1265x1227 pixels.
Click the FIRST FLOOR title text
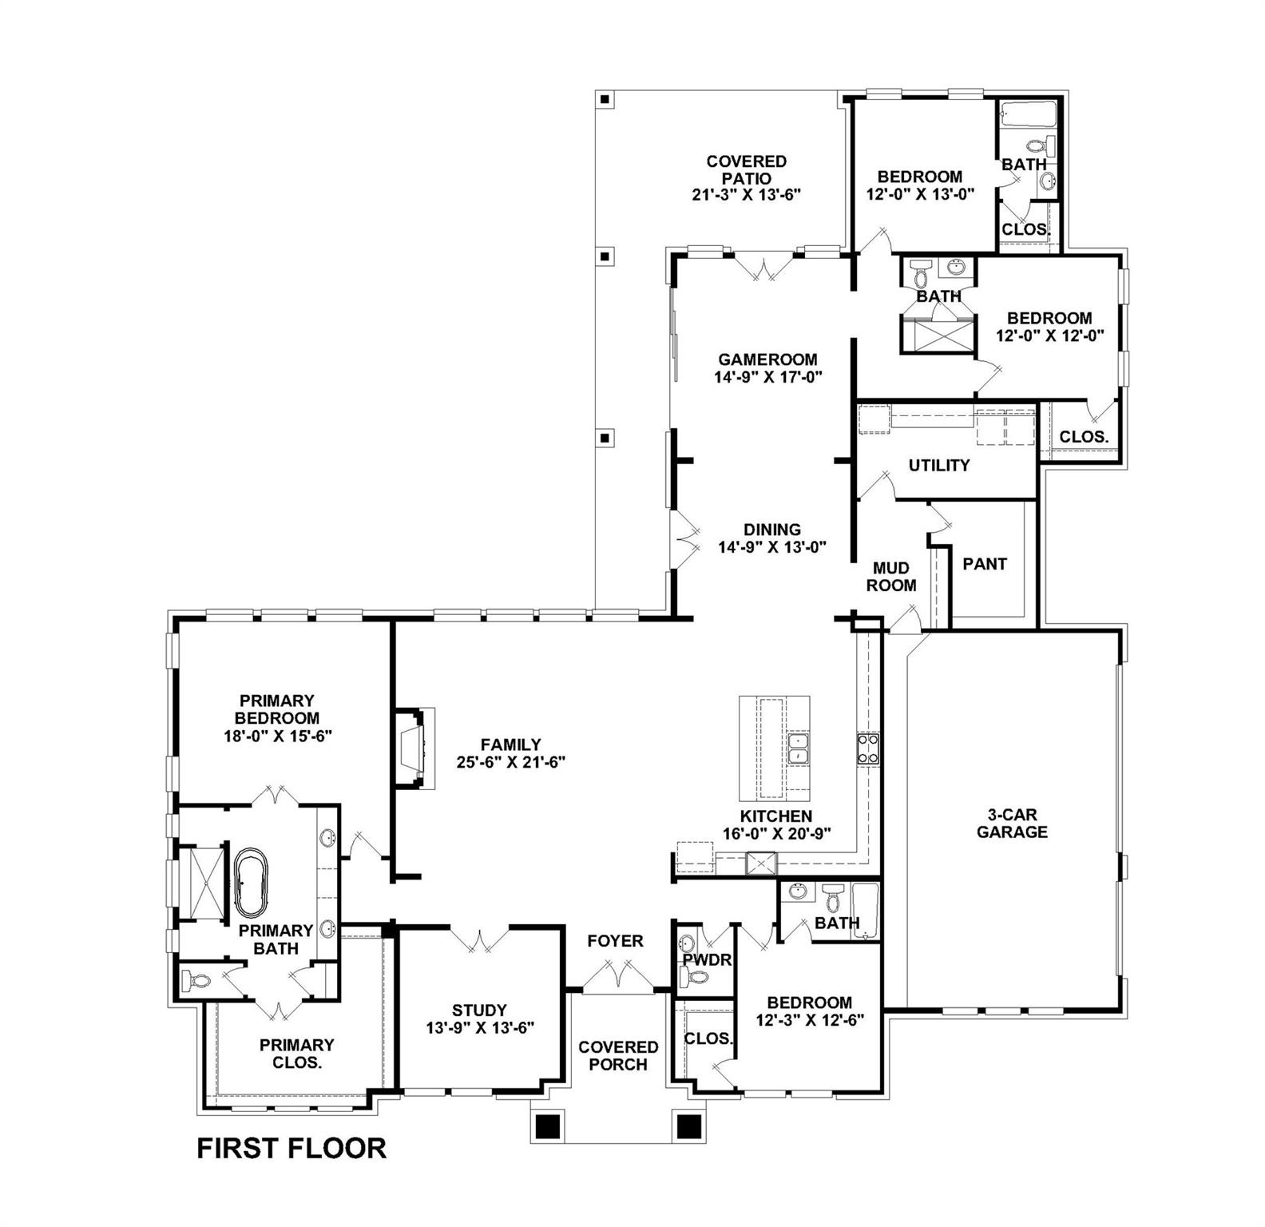(x=291, y=1148)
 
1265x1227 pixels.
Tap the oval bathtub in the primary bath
(x=252, y=882)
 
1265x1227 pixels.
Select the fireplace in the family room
(x=414, y=748)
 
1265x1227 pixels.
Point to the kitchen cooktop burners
(x=868, y=749)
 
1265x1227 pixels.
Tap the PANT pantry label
(x=984, y=564)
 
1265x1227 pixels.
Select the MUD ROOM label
(x=891, y=576)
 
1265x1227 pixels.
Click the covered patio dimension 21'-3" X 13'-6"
(x=746, y=194)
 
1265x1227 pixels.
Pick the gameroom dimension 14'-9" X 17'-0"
(x=767, y=376)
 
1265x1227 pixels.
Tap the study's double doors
(x=479, y=938)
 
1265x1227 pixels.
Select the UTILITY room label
(x=939, y=465)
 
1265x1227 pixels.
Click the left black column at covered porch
(x=547, y=1126)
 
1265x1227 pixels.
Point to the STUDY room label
(x=479, y=1010)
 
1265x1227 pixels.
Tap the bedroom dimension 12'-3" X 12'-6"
(x=810, y=1019)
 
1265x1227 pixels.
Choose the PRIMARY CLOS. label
(x=297, y=1054)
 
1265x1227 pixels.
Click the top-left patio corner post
(x=605, y=100)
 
